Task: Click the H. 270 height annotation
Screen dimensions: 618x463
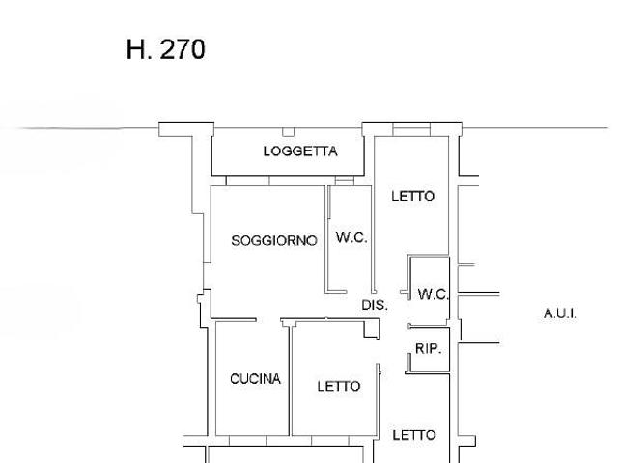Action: pos(165,49)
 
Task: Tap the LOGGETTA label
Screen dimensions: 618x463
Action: pos(300,151)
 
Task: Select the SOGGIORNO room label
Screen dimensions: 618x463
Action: pos(274,240)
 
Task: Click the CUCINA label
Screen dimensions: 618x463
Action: pos(255,379)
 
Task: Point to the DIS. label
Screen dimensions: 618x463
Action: pos(375,305)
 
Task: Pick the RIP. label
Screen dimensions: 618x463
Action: pos(428,348)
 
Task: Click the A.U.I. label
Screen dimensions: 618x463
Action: pos(560,313)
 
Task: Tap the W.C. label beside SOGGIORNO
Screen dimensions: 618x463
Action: pos(351,238)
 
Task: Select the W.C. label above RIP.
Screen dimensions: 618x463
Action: pos(434,294)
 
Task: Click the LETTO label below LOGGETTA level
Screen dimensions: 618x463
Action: pos(413,196)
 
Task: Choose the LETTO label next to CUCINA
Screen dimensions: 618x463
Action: pos(339,386)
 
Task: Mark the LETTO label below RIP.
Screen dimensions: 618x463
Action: pos(414,435)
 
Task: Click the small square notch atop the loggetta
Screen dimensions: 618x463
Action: pos(288,132)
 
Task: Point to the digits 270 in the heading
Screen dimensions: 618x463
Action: pos(183,49)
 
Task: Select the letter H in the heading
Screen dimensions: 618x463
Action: pos(136,49)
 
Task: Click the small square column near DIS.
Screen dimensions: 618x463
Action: pos(371,329)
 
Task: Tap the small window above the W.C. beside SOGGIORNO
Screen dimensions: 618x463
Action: pos(345,180)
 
